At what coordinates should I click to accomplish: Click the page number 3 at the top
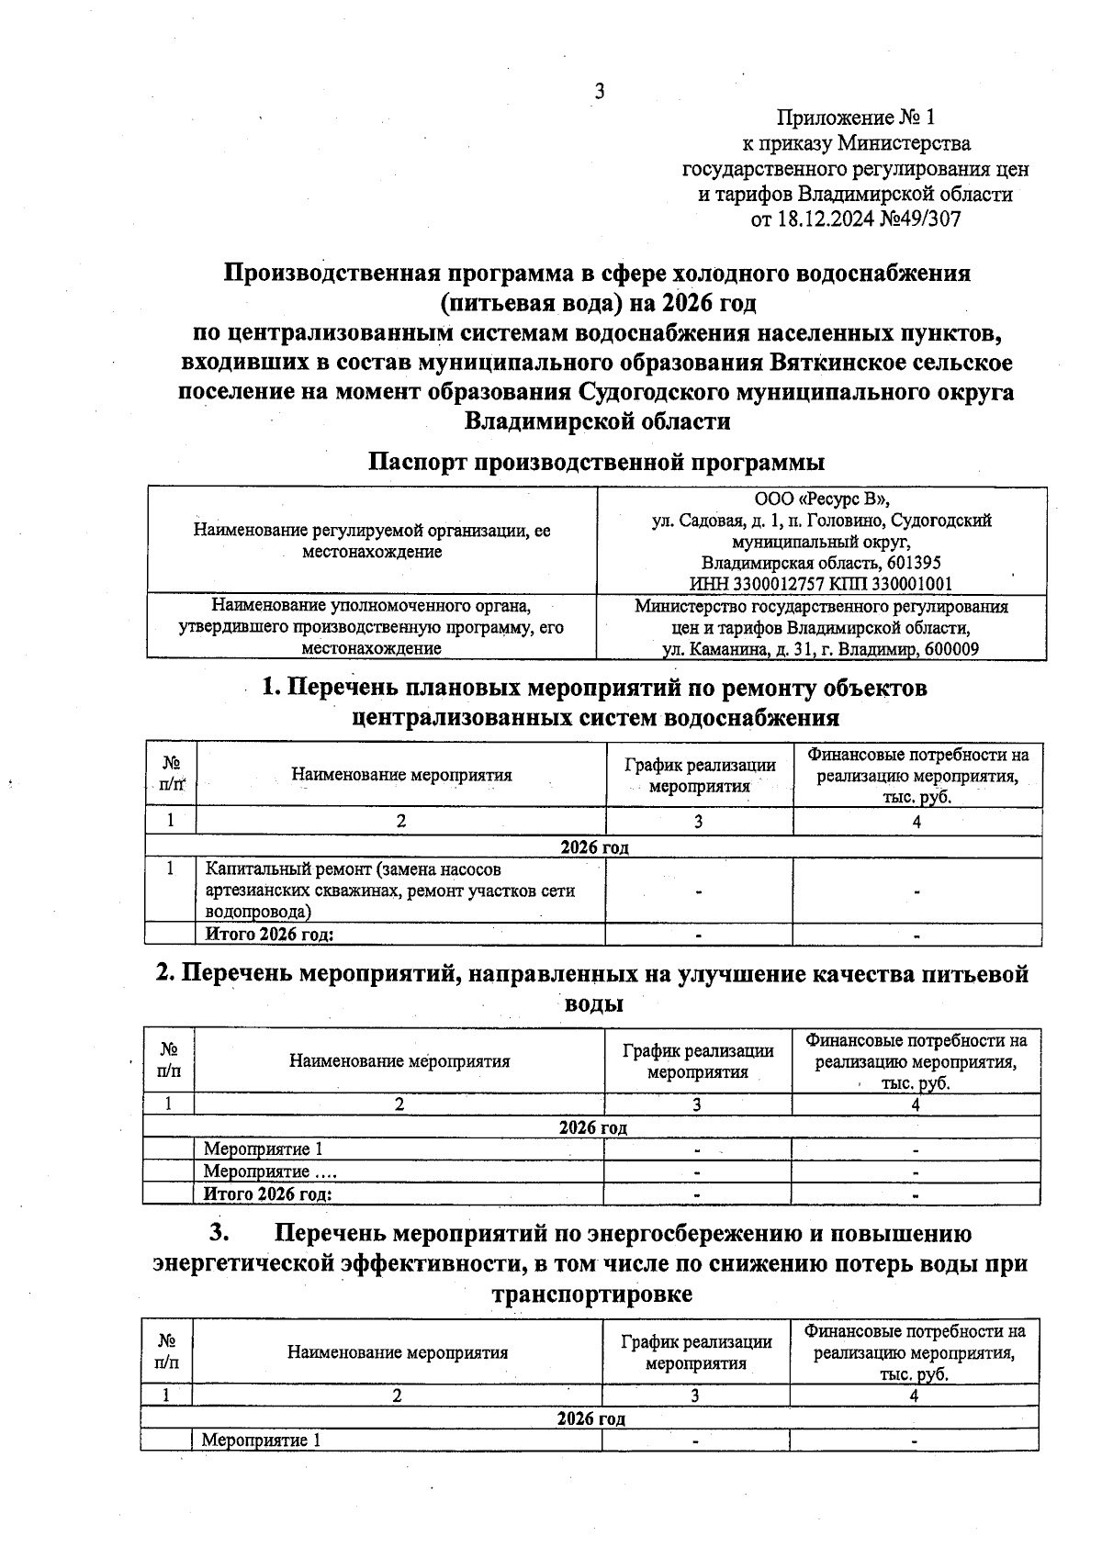click(x=600, y=91)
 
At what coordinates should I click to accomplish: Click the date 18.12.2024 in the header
click(x=820, y=219)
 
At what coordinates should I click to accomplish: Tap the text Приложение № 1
click(x=855, y=118)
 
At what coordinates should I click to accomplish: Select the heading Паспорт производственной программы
click(x=596, y=461)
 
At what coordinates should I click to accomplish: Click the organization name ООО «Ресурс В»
click(x=821, y=499)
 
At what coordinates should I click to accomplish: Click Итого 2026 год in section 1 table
click(x=268, y=935)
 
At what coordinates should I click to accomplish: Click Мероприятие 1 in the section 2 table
click(x=263, y=1149)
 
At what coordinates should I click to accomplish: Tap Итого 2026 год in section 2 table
click(x=266, y=1194)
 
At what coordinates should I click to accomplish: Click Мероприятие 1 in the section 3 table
click(x=261, y=1440)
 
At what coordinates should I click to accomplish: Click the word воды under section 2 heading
click(x=592, y=1003)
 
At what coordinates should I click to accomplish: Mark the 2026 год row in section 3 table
click(x=590, y=1418)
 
